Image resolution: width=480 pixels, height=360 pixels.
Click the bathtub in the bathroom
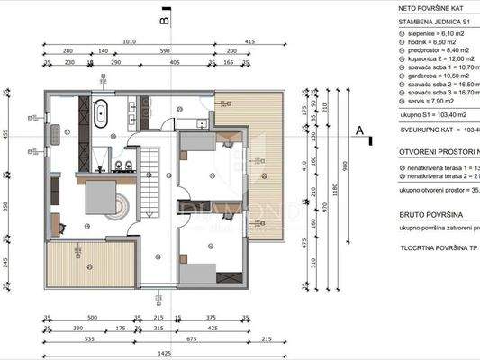pos(102,115)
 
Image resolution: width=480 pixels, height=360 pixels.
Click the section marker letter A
pos(360,131)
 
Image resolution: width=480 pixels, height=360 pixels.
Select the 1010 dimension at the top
pos(129,41)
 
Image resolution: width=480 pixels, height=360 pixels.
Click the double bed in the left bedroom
pos(106,199)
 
